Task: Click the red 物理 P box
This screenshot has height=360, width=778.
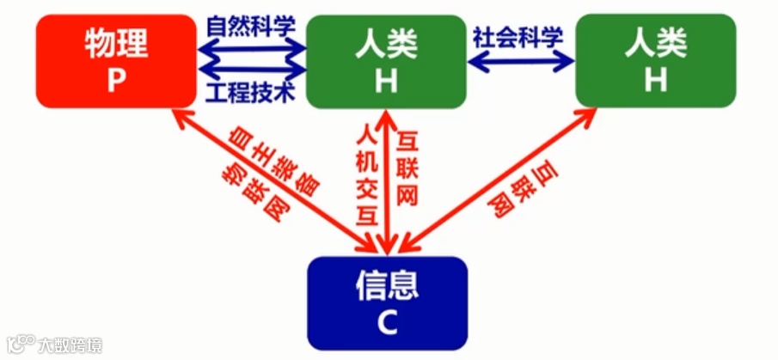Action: tap(117, 59)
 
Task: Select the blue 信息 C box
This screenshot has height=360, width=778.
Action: tap(387, 302)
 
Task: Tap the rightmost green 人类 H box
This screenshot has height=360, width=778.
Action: tap(656, 59)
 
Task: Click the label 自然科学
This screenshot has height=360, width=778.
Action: tap(251, 24)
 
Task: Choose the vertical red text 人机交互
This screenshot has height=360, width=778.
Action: tap(367, 172)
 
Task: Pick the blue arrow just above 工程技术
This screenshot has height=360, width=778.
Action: tap(251, 69)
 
